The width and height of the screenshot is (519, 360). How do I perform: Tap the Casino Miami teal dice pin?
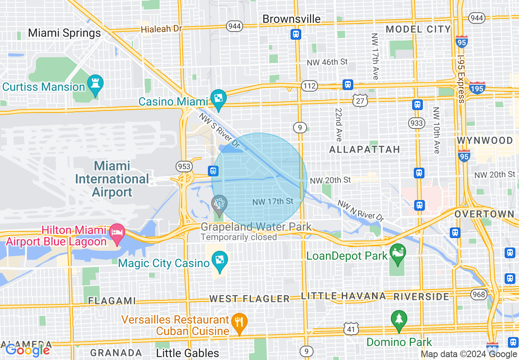pos(218,99)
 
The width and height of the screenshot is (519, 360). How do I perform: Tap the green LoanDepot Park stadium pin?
pos(397,253)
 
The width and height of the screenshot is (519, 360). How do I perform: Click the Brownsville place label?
pos(291,19)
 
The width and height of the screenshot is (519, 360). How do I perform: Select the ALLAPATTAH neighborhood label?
pos(364,150)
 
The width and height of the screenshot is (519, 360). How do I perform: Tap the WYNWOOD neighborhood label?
pos(485,141)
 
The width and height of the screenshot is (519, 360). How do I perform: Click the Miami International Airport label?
pos(112,179)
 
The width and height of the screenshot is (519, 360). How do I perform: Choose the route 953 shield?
pos(184,166)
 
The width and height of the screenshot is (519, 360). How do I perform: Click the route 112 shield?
pos(309,86)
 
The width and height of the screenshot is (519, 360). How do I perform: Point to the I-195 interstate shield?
pos(477,88)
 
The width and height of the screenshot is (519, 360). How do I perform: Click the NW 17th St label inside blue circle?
pos(273,201)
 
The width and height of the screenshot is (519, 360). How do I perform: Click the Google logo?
pos(28,350)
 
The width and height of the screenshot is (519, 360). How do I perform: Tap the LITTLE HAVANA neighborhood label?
pos(343,296)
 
